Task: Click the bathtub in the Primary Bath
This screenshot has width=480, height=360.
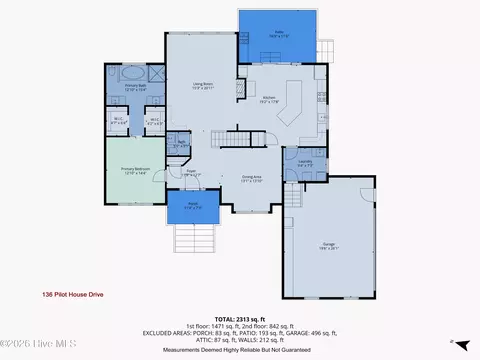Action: [x=132, y=74]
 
